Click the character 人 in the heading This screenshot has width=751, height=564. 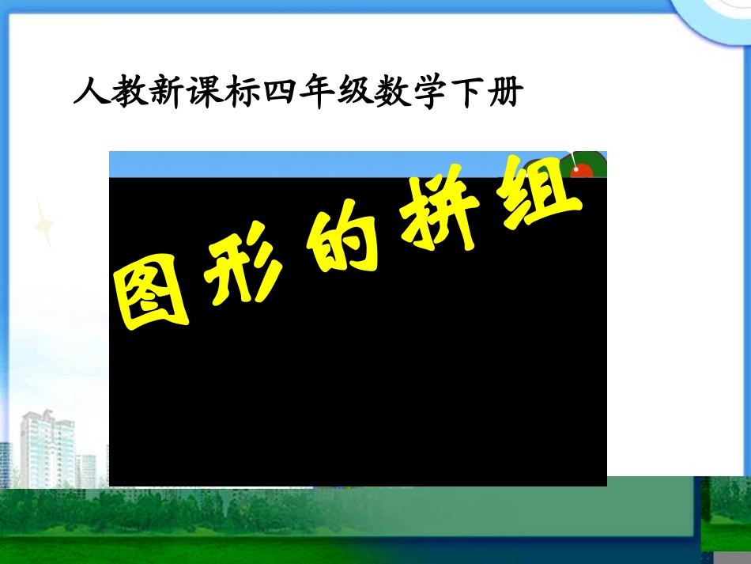point(89,93)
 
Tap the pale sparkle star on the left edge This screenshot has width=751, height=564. point(44,225)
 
